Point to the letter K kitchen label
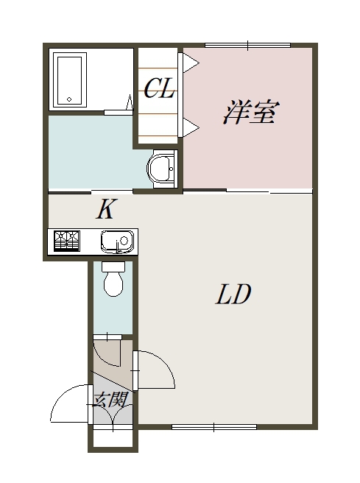(x=106, y=211)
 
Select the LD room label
(x=234, y=295)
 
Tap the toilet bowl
(x=113, y=280)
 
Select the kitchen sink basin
(x=116, y=241)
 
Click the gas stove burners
(x=66, y=241)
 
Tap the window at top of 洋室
(x=248, y=46)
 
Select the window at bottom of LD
(x=214, y=426)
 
